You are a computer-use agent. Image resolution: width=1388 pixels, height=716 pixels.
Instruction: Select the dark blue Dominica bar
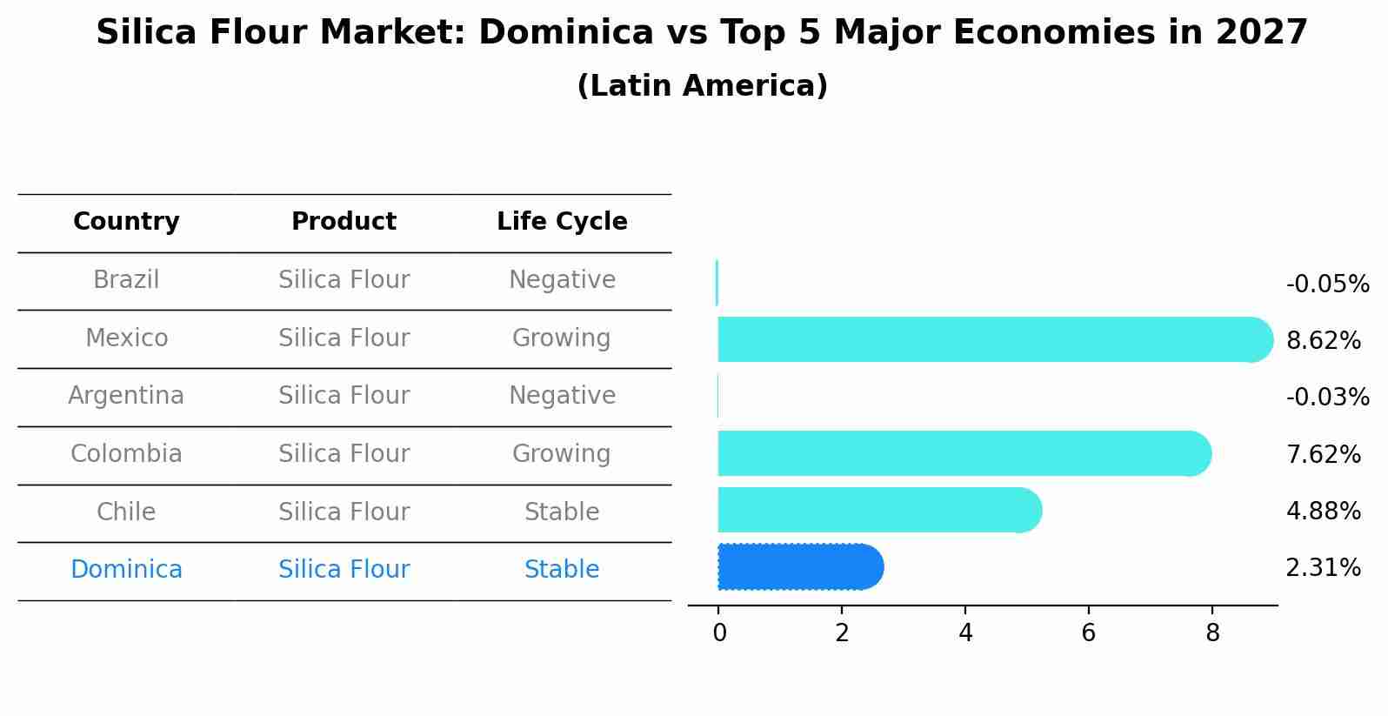click(798, 567)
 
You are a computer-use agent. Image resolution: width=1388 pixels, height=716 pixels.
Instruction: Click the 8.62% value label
click(1323, 341)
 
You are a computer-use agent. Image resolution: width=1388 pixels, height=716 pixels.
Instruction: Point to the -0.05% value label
click(1327, 284)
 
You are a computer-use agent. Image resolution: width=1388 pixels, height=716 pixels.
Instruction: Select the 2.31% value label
click(1323, 568)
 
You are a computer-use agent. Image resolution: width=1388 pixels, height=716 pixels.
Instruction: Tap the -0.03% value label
click(1327, 398)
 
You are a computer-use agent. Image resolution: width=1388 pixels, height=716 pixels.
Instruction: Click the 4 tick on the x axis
click(965, 633)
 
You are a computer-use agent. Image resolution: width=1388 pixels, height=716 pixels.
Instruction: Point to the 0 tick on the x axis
click(719, 633)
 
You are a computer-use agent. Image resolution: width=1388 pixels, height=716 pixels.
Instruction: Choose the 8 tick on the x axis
click(1212, 633)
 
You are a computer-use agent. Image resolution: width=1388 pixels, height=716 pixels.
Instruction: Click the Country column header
click(126, 222)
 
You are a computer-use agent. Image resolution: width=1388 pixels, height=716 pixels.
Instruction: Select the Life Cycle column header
click(562, 222)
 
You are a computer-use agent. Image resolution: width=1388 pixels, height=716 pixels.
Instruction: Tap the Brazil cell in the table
click(126, 280)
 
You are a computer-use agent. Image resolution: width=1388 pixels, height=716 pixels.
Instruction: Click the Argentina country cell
click(126, 396)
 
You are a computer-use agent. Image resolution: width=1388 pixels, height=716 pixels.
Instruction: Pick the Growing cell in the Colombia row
click(562, 454)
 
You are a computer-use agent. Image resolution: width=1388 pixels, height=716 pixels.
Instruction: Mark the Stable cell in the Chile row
click(562, 512)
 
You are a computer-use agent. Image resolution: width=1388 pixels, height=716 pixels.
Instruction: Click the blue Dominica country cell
click(126, 570)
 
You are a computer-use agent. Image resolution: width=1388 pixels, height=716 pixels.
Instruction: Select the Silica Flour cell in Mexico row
click(344, 338)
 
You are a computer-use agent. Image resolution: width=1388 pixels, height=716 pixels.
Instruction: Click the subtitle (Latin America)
click(702, 86)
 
